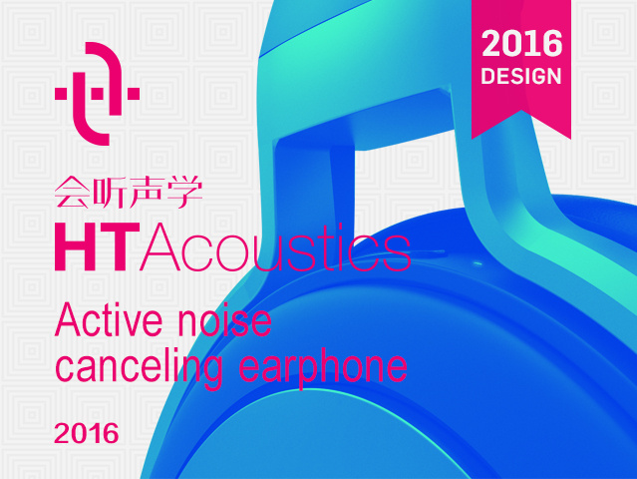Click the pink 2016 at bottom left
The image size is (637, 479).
coord(87,435)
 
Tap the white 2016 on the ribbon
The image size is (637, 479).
coord(521,45)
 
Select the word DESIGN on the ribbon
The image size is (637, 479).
coord(521,76)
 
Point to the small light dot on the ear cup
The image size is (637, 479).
coord(475,264)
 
